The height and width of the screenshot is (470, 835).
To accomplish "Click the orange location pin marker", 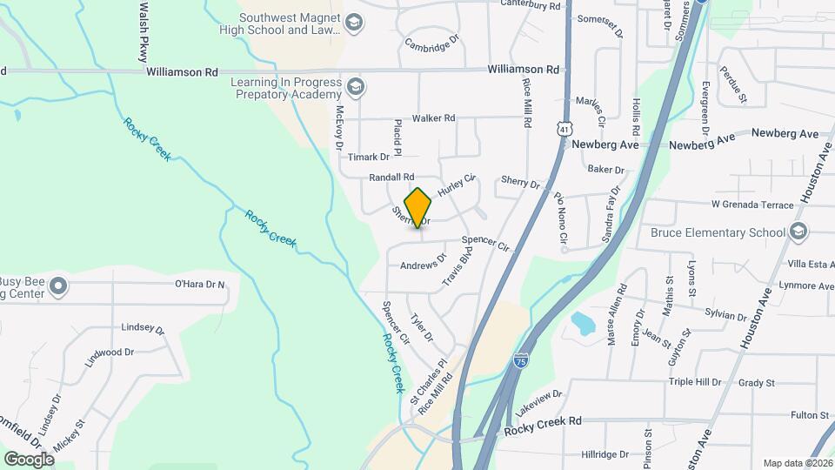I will point(418,208).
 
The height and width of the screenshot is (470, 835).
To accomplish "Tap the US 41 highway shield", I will point(564,129).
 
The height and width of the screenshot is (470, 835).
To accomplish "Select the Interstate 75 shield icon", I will point(519,360).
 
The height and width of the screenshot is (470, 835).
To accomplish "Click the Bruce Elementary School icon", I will point(798,232).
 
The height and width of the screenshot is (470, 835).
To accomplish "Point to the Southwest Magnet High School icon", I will point(353,23).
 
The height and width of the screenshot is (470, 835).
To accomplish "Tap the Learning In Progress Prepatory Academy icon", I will point(354,87).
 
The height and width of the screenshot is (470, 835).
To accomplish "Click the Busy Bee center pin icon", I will point(58,286).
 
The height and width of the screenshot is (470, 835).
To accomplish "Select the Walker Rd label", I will point(433,117).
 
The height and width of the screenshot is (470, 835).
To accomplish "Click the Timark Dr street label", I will point(369,157).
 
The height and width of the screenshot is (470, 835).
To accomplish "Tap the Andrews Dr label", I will point(423,260).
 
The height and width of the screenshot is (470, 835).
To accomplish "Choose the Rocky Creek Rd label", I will point(543,420).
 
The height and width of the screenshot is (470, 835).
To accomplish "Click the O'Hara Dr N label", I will point(200,284).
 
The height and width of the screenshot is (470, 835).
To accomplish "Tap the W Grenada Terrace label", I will point(752,205).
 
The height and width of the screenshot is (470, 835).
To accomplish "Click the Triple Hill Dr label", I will point(695,382).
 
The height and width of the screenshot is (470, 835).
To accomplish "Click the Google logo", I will point(29,458).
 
